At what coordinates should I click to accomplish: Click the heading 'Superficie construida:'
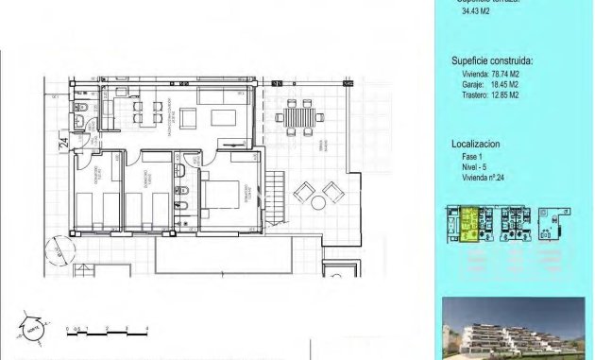(491, 60)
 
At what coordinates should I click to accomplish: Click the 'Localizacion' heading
(475, 144)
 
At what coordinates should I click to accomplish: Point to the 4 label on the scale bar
(147, 327)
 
